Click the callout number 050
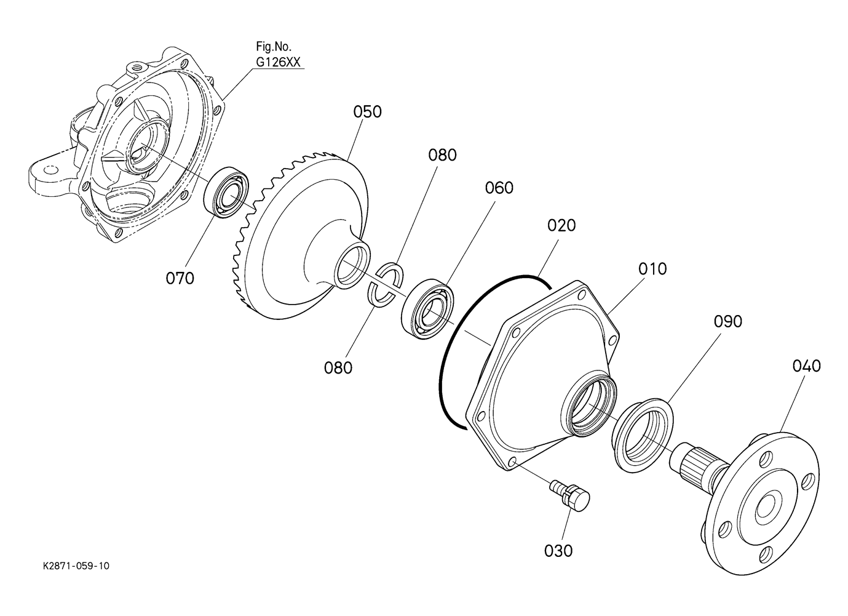[x=367, y=112]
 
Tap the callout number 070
[x=180, y=278]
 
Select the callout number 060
[x=499, y=188]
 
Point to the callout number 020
[x=561, y=225]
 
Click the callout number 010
[x=652, y=269]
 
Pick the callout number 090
[x=727, y=321]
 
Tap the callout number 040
[x=806, y=366]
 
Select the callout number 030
[x=558, y=551]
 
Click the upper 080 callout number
[x=442, y=155]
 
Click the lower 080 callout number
[x=338, y=367]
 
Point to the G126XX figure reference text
[x=278, y=62]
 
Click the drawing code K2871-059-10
[x=76, y=566]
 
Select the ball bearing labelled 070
[x=226, y=192]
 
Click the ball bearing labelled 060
[x=428, y=309]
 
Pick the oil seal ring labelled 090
[x=642, y=434]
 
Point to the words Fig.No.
[x=274, y=47]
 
